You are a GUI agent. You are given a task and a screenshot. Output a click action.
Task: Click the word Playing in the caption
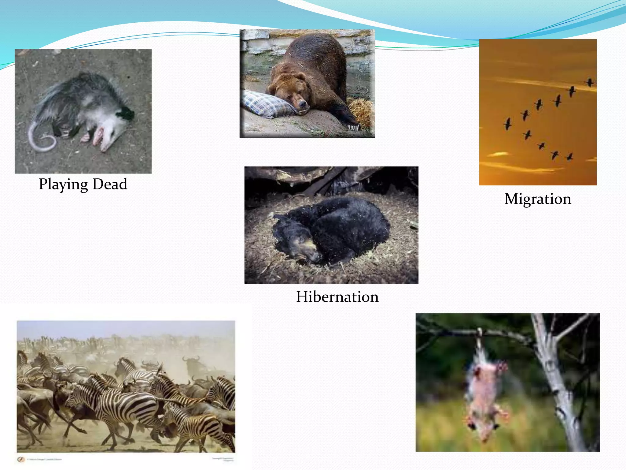point(63,185)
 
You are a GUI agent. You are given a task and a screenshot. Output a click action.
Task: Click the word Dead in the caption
point(110,184)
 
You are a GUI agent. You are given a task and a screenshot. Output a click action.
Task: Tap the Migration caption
point(538,199)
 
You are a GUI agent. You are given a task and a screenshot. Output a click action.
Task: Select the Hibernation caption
point(337,297)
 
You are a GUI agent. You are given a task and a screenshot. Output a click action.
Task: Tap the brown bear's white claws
point(354,127)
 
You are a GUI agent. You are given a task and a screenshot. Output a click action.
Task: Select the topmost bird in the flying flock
point(590,82)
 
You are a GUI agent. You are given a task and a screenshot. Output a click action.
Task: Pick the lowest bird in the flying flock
point(569,157)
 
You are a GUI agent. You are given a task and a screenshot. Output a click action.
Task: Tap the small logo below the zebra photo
point(21,459)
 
